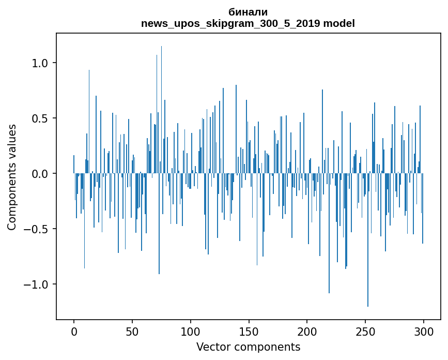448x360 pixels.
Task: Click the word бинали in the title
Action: coord(248,12)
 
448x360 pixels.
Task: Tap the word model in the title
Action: coord(339,23)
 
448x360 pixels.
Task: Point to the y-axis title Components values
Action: coord(12,177)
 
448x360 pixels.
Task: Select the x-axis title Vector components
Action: coord(248,347)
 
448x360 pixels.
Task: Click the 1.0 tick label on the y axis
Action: coord(40,63)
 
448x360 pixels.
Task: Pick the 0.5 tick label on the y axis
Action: coord(40,118)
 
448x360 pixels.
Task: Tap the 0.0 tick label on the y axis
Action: coord(40,174)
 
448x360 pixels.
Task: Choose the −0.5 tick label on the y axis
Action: coord(37,229)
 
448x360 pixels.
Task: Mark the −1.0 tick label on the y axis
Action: coord(37,284)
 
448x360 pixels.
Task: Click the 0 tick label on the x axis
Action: coord(74,331)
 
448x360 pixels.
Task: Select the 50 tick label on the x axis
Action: coord(132,331)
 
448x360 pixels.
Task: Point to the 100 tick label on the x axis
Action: coord(191,331)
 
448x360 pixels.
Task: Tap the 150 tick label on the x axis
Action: coord(249,331)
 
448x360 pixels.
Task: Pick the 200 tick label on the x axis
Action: coord(307,331)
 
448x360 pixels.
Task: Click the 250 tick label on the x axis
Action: coord(366,331)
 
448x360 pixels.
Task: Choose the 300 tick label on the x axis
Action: coord(424,331)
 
